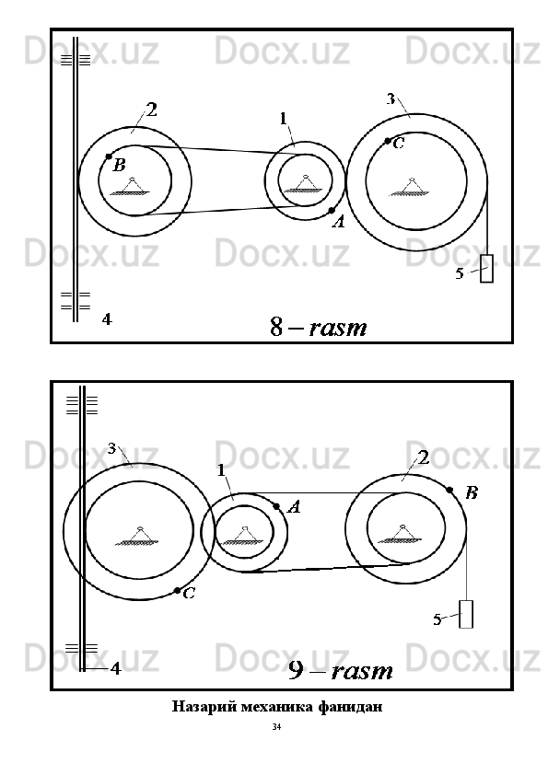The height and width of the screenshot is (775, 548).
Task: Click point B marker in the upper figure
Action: click(109, 156)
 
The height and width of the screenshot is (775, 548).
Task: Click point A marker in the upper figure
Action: click(332, 211)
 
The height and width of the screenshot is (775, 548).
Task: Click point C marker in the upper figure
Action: click(388, 141)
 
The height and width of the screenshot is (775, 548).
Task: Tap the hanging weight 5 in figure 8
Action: click(486, 269)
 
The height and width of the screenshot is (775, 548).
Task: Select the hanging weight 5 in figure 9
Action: click(466, 614)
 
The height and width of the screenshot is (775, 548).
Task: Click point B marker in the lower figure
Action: click(449, 490)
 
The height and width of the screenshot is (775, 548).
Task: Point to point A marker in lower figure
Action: click(276, 506)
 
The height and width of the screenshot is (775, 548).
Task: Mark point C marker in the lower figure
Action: click(177, 591)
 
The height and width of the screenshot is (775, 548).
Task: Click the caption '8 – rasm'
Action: click(319, 327)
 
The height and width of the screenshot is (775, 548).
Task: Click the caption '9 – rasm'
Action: click(341, 671)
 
